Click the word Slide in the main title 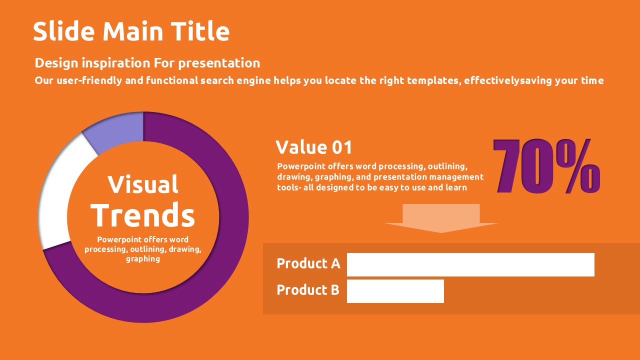[x=63, y=31]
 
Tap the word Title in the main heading [x=200, y=31]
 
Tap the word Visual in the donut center [x=143, y=184]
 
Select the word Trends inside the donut [x=143, y=215]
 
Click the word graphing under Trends [x=143, y=259]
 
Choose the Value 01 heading [x=313, y=147]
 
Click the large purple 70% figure [x=546, y=166]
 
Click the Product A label [x=308, y=263]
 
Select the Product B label [x=308, y=290]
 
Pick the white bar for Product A [x=470, y=264]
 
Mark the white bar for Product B [x=395, y=291]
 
